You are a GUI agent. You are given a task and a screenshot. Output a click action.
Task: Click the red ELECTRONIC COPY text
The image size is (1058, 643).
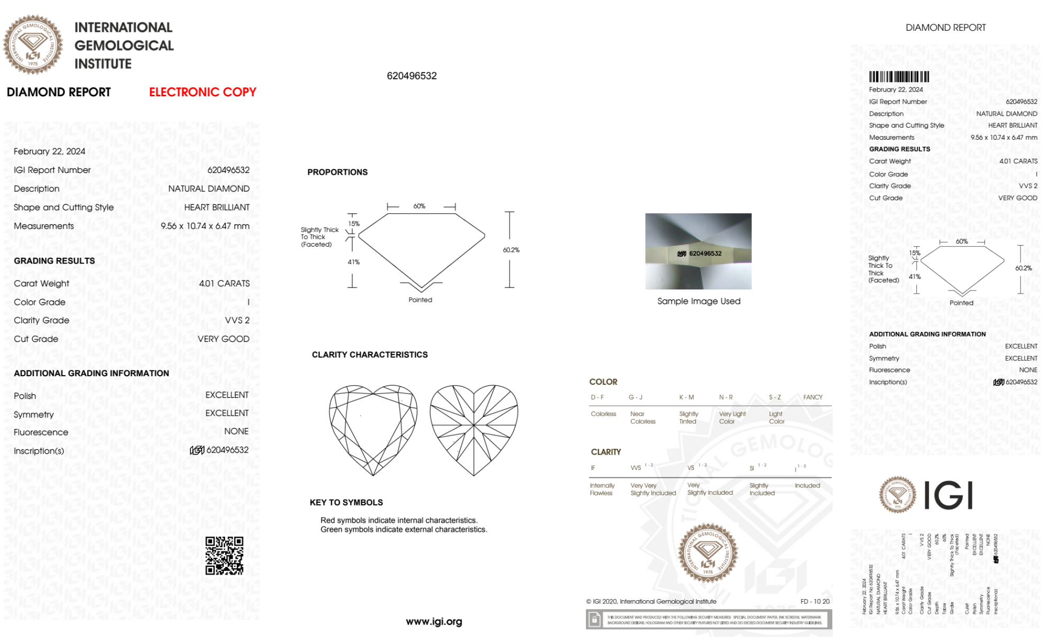[203, 92]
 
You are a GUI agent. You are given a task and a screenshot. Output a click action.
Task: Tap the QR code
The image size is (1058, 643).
[225, 556]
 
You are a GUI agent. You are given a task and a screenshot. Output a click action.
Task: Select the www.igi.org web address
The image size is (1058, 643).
[434, 621]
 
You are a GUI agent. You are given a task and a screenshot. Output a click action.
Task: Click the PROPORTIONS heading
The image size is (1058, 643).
[337, 172]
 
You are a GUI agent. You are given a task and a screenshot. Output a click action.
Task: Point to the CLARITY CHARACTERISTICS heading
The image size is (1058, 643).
[370, 355]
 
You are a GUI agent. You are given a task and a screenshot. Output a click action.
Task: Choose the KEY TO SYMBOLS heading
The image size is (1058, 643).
[346, 502]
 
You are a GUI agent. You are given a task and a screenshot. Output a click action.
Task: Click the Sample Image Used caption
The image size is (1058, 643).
[698, 301]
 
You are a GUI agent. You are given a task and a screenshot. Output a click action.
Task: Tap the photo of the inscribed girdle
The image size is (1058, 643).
[698, 251]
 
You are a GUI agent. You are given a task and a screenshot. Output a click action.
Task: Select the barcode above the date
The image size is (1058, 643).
[899, 77]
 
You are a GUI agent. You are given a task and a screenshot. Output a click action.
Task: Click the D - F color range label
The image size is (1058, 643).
[597, 397]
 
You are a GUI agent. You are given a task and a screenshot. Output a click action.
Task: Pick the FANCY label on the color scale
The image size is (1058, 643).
[813, 397]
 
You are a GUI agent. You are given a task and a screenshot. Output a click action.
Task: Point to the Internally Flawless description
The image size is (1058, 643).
[602, 489]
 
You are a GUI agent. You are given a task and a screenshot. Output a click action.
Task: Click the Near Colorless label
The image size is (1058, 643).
[642, 418]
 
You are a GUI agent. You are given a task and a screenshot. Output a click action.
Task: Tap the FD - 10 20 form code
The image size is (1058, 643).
[815, 601]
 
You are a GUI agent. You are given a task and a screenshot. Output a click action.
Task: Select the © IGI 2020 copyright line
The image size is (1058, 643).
[651, 601]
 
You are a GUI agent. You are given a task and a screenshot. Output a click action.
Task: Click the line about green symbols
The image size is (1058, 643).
[403, 529]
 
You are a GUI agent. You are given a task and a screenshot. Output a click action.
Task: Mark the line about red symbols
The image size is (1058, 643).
[399, 520]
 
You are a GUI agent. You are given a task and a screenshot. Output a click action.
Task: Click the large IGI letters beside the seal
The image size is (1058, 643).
[949, 495]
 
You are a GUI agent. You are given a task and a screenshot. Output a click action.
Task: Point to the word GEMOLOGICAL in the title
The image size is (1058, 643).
[124, 46]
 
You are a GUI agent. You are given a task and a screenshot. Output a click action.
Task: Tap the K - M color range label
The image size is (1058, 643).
[686, 397]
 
